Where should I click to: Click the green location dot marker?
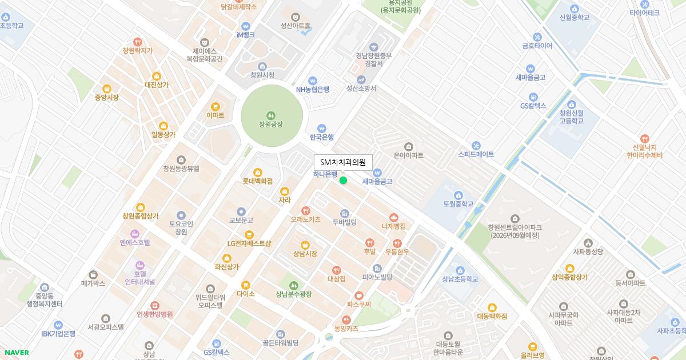point(343,181)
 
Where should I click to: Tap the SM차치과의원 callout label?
point(343,162)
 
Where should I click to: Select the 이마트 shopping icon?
point(216,106)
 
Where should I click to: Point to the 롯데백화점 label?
point(257,181)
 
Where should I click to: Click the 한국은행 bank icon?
point(322,128)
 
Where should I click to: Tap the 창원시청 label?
point(262,75)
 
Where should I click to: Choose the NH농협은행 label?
point(312,89)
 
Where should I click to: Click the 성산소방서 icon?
point(361,79)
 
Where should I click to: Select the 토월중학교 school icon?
point(458,194)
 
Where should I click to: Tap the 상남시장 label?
point(305,253)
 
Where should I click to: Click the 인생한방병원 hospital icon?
point(154,305)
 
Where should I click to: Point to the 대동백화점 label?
point(492,315)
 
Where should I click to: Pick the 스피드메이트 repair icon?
point(476,145)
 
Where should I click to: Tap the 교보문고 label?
point(241,220)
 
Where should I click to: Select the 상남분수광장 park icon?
point(294,285)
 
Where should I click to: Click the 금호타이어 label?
point(537,46)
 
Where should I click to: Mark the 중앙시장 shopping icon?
point(106,89)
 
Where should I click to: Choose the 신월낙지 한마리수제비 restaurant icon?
point(644,138)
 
